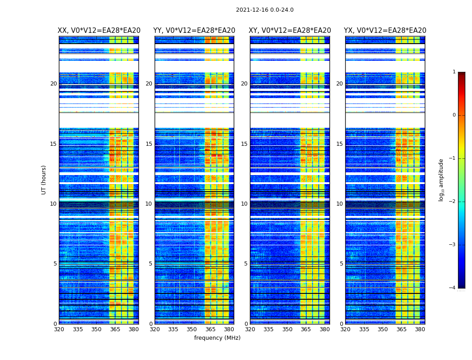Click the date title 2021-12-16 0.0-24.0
click(x=264, y=10)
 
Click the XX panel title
click(x=99, y=31)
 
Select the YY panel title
click(x=194, y=31)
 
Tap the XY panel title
click(x=290, y=31)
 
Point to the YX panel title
click(x=385, y=31)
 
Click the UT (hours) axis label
click(x=44, y=180)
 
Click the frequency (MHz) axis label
click(x=217, y=338)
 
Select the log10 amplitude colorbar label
click(x=441, y=180)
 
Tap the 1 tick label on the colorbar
click(x=454, y=72)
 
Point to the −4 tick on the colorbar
click(x=453, y=288)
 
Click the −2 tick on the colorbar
click(x=453, y=202)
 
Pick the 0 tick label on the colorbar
click(x=454, y=115)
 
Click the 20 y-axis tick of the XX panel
click(x=53, y=84)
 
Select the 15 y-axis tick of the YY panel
click(x=149, y=144)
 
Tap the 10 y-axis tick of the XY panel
click(x=244, y=204)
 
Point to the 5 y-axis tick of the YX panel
click(x=342, y=264)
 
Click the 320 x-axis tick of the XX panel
click(x=59, y=329)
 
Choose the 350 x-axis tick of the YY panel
click(x=192, y=329)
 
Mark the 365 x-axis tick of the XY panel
click(x=306, y=329)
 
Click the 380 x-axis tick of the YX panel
click(x=420, y=329)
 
